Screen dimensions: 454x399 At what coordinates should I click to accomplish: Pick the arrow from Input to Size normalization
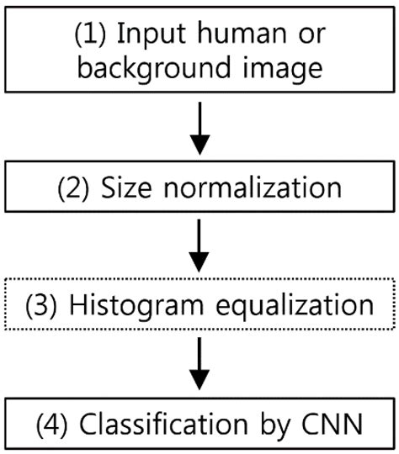[199, 129]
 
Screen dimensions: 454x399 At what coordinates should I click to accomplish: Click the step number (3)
[41, 304]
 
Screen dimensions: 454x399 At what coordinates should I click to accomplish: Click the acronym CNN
[338, 424]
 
